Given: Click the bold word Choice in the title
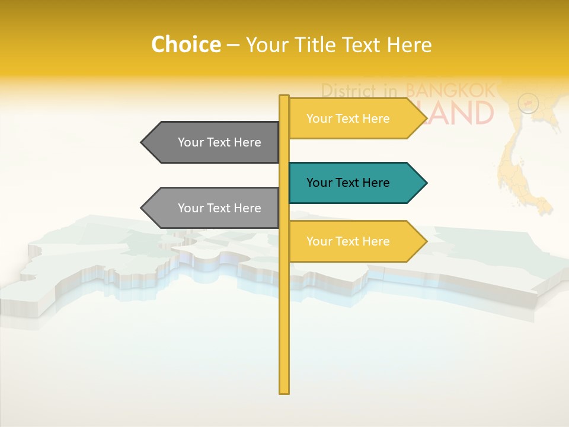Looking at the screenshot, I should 186,44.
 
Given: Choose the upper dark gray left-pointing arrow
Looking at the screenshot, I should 213,142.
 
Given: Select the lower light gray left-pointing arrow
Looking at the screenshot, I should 213,208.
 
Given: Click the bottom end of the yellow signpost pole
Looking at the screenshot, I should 284,391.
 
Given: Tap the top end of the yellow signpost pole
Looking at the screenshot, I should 284,97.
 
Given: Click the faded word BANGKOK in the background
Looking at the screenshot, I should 450,91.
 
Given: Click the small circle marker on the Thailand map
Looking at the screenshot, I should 528,103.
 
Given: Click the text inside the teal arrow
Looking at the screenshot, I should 348,183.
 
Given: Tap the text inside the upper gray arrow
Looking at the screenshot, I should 219,142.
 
